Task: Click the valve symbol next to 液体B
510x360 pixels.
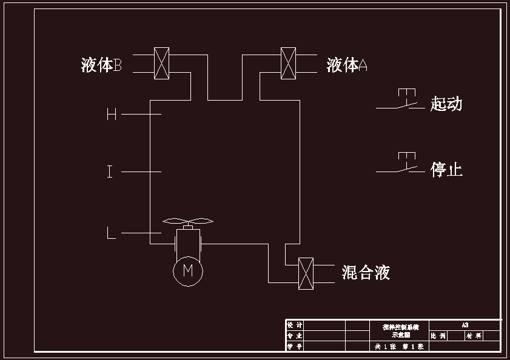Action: click(x=161, y=63)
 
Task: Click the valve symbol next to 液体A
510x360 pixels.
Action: click(x=288, y=63)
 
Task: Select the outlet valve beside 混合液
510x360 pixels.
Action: click(x=306, y=273)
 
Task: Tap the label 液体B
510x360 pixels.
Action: click(x=102, y=65)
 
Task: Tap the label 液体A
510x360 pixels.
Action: click(x=347, y=65)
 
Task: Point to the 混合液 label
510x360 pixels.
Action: click(x=366, y=273)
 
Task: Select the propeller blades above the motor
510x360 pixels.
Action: click(x=187, y=221)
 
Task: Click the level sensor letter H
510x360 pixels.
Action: click(x=112, y=114)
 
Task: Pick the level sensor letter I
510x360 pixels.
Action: click(x=110, y=172)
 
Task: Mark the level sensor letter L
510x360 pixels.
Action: click(x=111, y=233)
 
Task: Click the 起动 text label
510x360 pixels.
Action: click(x=446, y=104)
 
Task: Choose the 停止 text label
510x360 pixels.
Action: click(x=446, y=169)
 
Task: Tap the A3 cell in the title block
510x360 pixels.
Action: click(x=465, y=325)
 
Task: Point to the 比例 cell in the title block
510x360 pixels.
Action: click(x=438, y=336)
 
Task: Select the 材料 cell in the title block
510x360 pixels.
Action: click(x=474, y=336)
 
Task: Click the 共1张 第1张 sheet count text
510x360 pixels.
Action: click(x=400, y=347)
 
